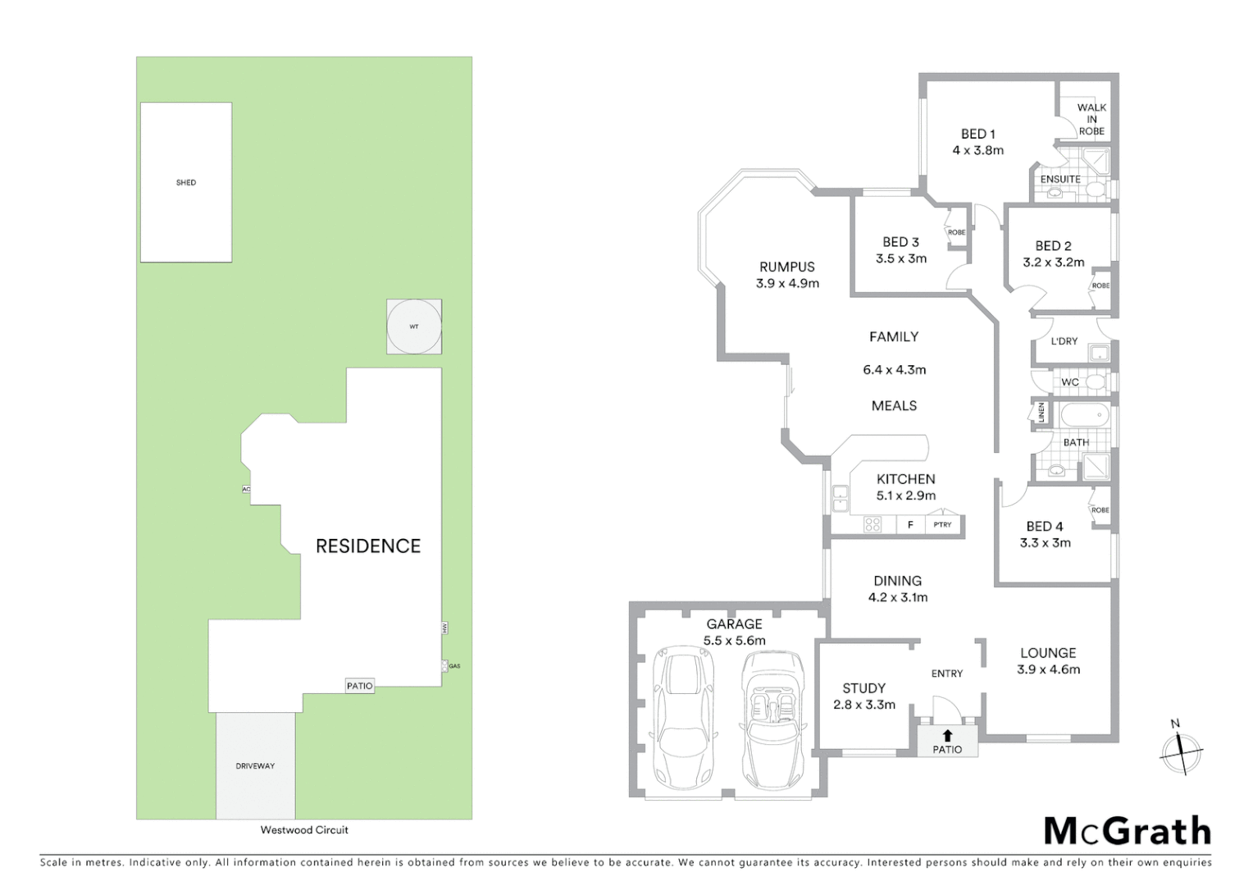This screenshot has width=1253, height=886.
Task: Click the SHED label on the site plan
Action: click(x=186, y=182)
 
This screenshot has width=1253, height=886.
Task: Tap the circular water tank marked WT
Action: click(x=414, y=327)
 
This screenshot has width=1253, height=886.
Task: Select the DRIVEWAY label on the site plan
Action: click(x=255, y=766)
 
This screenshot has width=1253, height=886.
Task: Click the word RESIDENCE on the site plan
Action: click(x=368, y=546)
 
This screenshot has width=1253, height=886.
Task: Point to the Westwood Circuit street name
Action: click(x=304, y=829)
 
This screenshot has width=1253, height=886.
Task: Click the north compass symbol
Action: click(x=1181, y=750)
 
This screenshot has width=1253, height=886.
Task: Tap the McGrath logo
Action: click(x=1127, y=831)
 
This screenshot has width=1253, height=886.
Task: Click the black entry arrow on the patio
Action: click(x=947, y=736)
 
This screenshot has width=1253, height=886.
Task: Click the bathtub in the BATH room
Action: click(x=1083, y=416)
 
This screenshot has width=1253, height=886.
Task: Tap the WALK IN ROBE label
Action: click(x=1091, y=119)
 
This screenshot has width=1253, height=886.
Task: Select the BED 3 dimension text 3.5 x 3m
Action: click(x=901, y=258)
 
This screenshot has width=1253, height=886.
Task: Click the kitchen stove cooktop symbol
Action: click(x=872, y=524)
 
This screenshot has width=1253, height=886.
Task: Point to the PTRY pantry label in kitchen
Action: click(x=943, y=524)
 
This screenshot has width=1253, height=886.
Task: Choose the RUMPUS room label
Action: click(x=787, y=267)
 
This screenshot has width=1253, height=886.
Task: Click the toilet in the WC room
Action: click(x=1095, y=382)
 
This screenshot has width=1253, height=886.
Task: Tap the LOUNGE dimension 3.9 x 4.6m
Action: click(x=1048, y=669)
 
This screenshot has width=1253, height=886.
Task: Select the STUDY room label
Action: click(x=863, y=688)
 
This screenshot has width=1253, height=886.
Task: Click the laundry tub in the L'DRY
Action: click(x=1098, y=354)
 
